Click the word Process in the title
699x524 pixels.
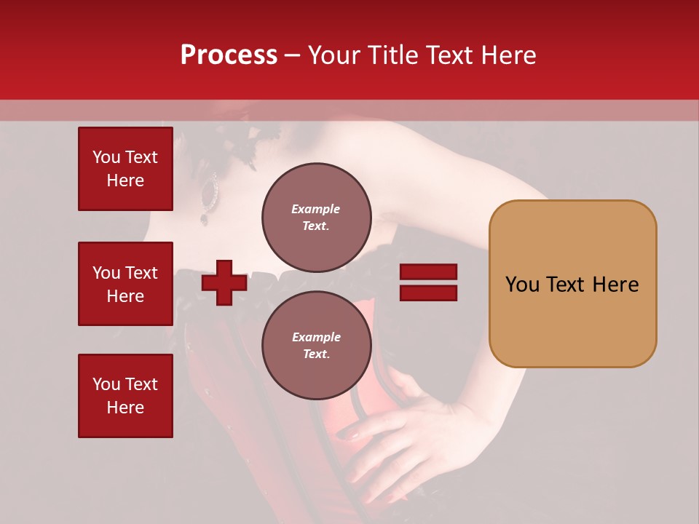click(x=229, y=55)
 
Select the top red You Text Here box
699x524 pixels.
click(x=125, y=169)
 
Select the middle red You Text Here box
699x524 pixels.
click(x=125, y=284)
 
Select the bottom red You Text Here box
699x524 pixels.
click(x=125, y=396)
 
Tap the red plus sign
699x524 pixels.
click(x=224, y=282)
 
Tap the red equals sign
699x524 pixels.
click(x=428, y=282)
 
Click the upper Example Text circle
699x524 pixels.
click(x=316, y=218)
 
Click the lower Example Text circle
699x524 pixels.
click(x=316, y=346)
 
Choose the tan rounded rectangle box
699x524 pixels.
click(x=572, y=284)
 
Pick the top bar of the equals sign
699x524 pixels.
click(x=428, y=272)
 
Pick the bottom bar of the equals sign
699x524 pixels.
click(x=428, y=293)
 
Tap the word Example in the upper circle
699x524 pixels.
click(x=316, y=209)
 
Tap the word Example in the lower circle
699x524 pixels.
click(x=316, y=337)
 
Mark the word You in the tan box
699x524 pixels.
click(x=522, y=285)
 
